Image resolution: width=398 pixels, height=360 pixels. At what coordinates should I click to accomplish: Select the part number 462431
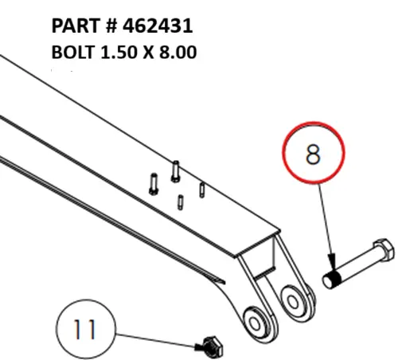point(158,27)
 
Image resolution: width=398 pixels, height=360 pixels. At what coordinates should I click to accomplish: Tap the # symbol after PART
point(111,27)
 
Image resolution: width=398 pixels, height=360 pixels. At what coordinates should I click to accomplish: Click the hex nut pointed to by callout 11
point(209,345)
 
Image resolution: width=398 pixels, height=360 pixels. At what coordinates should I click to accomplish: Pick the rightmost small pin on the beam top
point(203,191)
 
